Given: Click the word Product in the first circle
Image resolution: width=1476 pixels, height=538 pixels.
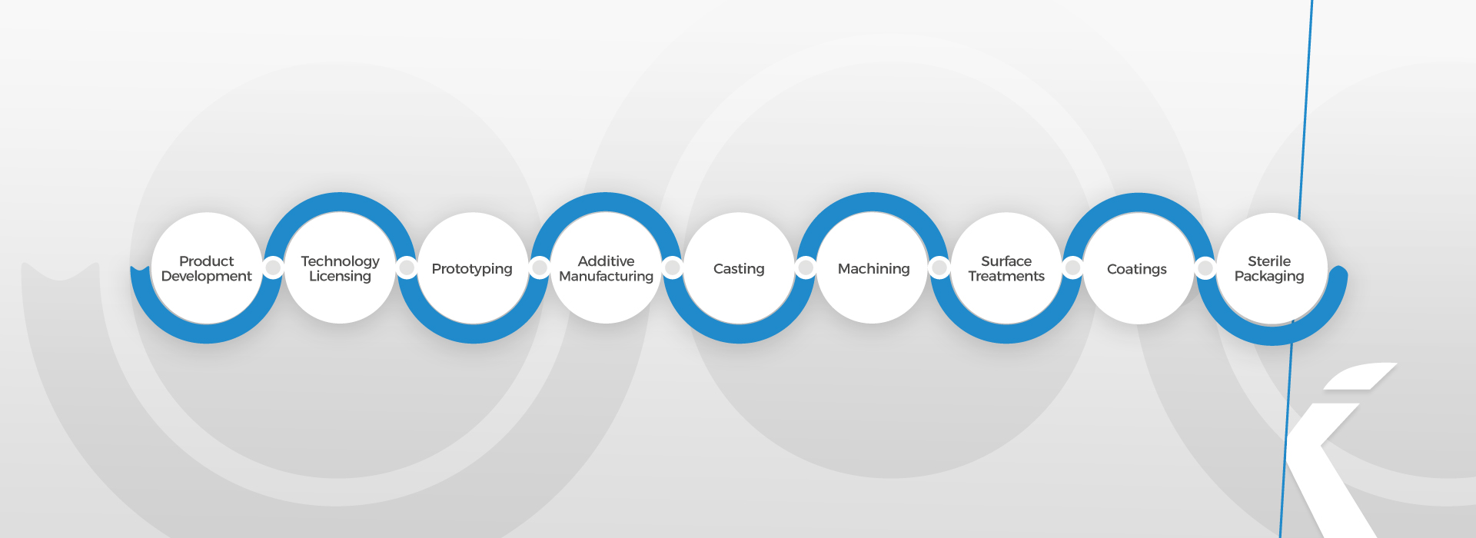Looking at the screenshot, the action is (206, 261).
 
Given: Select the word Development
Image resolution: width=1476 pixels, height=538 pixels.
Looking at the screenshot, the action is (206, 277).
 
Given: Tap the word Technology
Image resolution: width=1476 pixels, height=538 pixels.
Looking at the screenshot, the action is (340, 262).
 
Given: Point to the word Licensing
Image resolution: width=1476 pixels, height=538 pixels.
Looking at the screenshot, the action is (340, 277).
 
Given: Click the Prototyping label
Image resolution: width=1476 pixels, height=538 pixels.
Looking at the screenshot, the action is (472, 269).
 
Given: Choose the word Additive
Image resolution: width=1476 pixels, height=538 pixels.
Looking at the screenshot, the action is (606, 261).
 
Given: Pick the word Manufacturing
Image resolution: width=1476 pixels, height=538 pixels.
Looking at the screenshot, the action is (606, 277).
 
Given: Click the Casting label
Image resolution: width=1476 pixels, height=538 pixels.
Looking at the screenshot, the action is (739, 269).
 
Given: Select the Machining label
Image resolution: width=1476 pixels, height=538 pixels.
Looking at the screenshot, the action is (873, 269).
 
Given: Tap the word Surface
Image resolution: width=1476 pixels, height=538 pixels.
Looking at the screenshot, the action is (1006, 261).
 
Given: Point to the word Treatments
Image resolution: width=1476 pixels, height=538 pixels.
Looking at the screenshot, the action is (1006, 277).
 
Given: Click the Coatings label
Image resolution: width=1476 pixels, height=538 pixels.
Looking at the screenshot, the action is (1136, 269).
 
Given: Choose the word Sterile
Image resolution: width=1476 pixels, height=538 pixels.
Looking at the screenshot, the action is (1269, 261).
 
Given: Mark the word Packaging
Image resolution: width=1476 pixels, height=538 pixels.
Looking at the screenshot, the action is (1269, 277).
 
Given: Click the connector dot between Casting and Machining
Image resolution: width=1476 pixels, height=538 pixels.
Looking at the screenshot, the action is (806, 267).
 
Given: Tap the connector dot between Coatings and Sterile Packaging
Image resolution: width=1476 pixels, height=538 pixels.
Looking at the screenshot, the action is (1205, 267).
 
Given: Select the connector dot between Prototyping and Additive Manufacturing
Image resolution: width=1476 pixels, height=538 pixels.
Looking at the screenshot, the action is (540, 267).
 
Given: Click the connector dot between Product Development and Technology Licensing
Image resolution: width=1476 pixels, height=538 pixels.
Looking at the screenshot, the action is (273, 267).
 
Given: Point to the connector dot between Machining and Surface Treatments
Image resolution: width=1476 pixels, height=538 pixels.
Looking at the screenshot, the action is (939, 267).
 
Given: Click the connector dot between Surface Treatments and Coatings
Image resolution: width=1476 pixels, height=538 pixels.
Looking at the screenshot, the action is (1072, 267).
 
